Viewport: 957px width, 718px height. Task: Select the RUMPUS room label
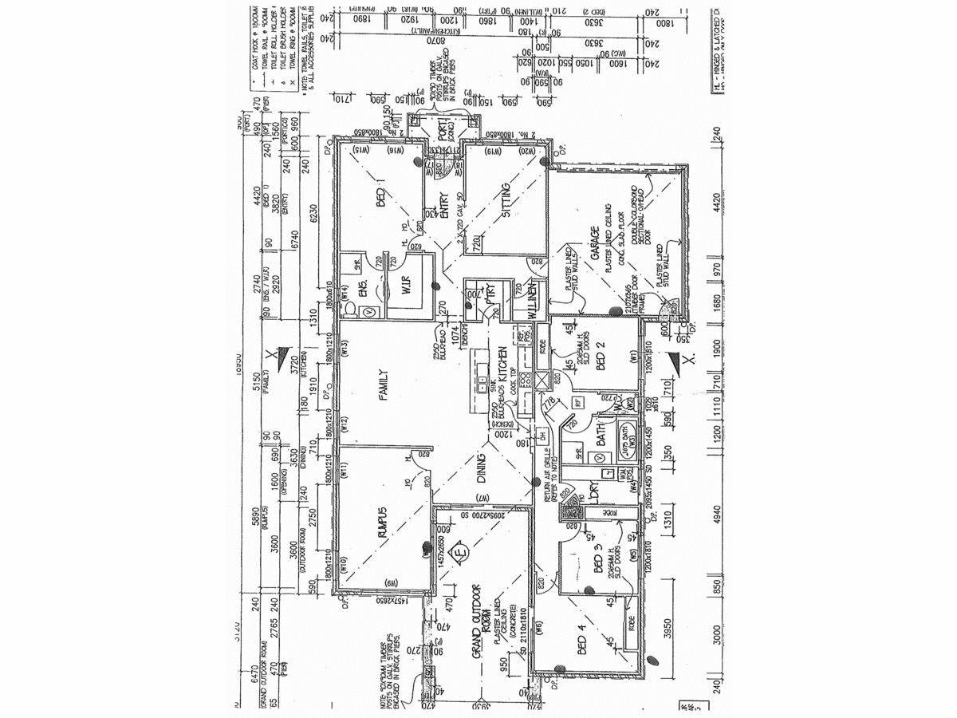382,522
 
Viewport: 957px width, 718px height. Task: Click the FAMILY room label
382,384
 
